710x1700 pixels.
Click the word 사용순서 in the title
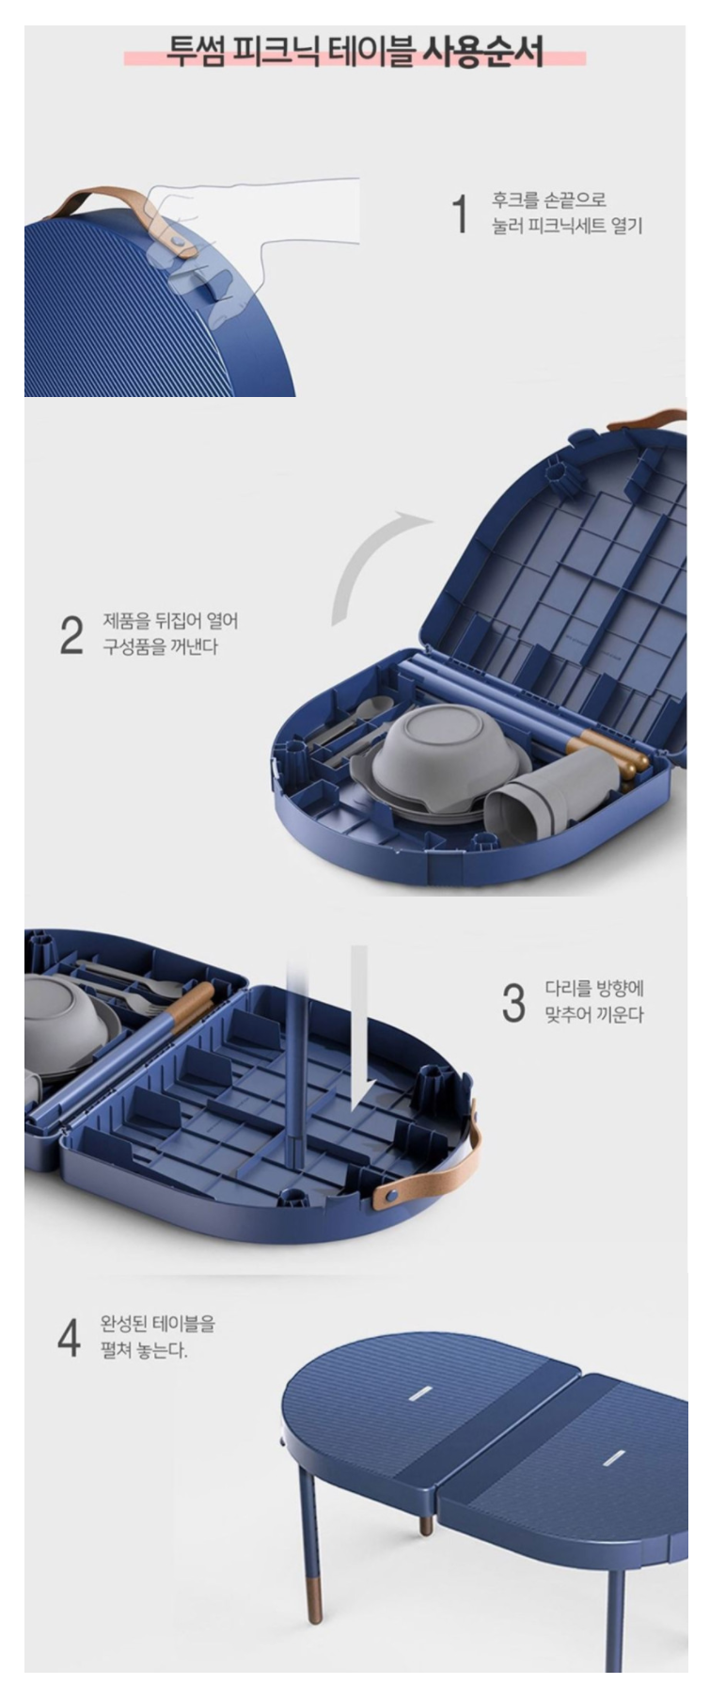[482, 51]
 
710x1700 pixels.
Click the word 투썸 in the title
[196, 51]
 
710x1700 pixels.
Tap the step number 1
[460, 214]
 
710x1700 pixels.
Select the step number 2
[71, 635]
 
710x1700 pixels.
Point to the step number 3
[513, 1003]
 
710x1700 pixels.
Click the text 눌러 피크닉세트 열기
[567, 227]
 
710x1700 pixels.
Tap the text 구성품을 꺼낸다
[160, 647]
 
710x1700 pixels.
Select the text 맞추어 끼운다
[594, 1015]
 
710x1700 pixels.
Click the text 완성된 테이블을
[158, 1324]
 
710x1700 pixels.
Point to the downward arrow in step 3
[362, 1028]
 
